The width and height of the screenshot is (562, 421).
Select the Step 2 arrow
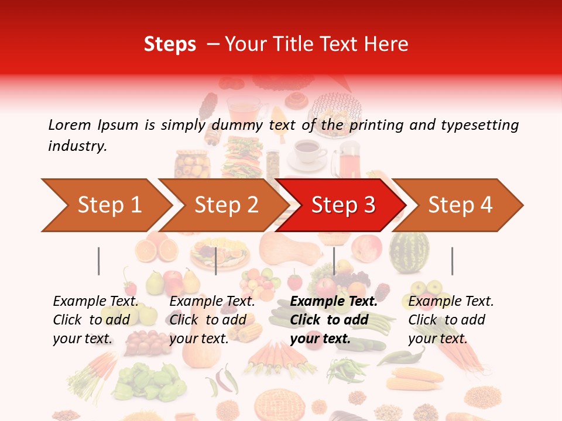[226, 205]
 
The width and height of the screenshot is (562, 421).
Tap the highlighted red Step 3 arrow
[343, 205]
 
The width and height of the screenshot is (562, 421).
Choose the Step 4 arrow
[461, 205]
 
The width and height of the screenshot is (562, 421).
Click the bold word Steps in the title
[170, 44]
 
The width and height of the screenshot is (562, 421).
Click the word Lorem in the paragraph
[70, 125]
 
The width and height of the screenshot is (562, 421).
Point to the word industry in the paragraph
[77, 146]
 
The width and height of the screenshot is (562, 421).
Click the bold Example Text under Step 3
[334, 302]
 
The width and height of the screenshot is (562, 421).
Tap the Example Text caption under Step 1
[96, 302]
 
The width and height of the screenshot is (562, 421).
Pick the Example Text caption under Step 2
[213, 302]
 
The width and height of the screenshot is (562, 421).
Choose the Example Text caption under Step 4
[451, 302]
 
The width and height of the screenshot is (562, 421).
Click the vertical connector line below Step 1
[99, 261]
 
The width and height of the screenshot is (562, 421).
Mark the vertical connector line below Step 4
[452, 261]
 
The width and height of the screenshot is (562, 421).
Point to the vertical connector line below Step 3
[334, 261]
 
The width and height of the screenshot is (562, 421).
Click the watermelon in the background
[409, 252]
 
